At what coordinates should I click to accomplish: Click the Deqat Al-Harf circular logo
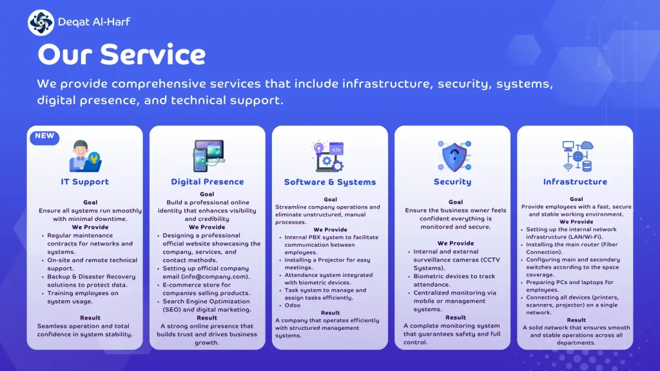click(x=41, y=23)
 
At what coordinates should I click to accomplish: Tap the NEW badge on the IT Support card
click(x=44, y=137)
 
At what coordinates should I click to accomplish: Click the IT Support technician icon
click(x=85, y=156)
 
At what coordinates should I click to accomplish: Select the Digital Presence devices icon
click(x=209, y=156)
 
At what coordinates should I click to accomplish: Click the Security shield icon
click(x=454, y=157)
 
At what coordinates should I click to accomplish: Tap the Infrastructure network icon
click(x=577, y=156)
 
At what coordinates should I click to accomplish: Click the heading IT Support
click(x=84, y=182)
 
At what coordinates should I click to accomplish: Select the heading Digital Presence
click(x=207, y=182)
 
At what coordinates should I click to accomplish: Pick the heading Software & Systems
click(x=330, y=182)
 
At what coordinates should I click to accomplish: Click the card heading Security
click(x=452, y=182)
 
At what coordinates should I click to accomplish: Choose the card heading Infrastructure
click(x=575, y=182)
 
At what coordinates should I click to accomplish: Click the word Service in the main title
click(x=153, y=55)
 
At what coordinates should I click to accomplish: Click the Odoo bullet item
click(x=293, y=305)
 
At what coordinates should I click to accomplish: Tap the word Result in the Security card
click(x=456, y=318)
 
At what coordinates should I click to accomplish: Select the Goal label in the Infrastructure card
click(x=576, y=199)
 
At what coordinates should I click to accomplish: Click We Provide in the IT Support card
click(x=90, y=227)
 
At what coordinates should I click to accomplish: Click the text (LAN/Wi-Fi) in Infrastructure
click(x=585, y=237)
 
